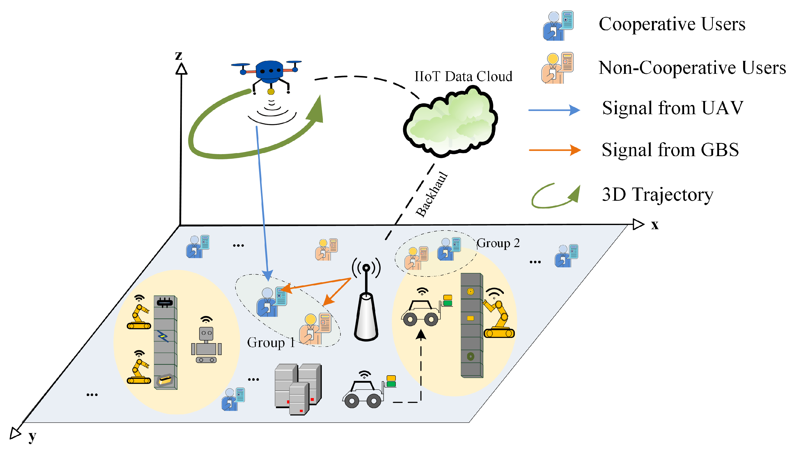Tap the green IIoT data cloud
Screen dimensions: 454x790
(x=451, y=123)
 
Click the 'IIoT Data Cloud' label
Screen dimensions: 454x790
(x=463, y=76)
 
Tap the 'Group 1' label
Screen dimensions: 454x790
(x=271, y=343)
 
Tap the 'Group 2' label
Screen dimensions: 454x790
(x=498, y=243)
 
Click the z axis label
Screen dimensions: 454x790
(x=178, y=55)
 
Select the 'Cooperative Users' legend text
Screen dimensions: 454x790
(x=672, y=24)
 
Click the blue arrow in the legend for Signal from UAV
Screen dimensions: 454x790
(x=554, y=110)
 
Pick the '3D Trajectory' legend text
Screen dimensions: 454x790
(x=657, y=194)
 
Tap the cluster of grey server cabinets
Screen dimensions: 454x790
(x=298, y=388)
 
